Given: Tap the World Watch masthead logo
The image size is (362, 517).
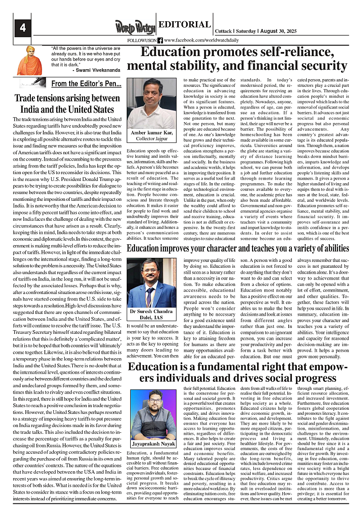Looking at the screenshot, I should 134,28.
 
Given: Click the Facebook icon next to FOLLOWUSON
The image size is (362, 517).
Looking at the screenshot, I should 160,40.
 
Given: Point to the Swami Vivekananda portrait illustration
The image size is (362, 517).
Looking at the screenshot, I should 30,60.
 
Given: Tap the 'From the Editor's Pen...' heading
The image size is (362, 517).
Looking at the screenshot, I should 86,84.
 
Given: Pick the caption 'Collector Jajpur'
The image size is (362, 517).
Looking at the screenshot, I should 152,138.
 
